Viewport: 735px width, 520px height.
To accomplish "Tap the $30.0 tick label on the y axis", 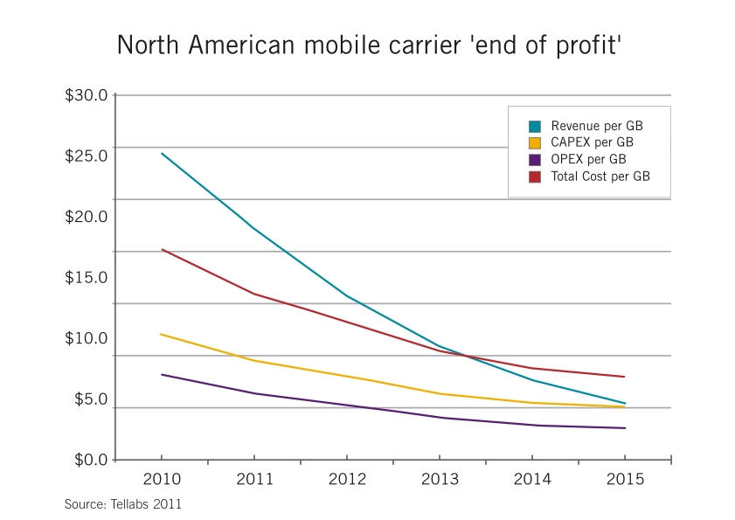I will pos(86,95).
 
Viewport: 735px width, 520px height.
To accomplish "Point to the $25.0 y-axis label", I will pos(86,156).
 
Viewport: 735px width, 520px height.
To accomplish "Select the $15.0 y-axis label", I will pos(86,278).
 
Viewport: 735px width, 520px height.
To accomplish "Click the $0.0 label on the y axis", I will pos(86,460).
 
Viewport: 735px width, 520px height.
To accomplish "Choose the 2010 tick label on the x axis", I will pos(162,480).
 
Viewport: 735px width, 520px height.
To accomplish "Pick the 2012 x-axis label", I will pos(347,480).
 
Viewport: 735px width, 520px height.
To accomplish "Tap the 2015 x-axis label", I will pos(624,480).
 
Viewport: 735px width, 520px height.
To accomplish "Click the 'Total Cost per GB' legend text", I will pos(600,177).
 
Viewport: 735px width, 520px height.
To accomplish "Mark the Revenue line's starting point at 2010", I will pos(162,154).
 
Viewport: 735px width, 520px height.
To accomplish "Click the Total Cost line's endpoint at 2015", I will pos(624,377).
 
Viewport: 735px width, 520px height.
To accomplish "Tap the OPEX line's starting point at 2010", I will pos(162,375).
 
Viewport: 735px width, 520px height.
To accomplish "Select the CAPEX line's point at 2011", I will pos(254,361).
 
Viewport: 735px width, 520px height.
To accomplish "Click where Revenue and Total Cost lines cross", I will pos(463,355).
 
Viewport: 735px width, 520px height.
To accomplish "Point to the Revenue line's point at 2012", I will pos(347,295).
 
